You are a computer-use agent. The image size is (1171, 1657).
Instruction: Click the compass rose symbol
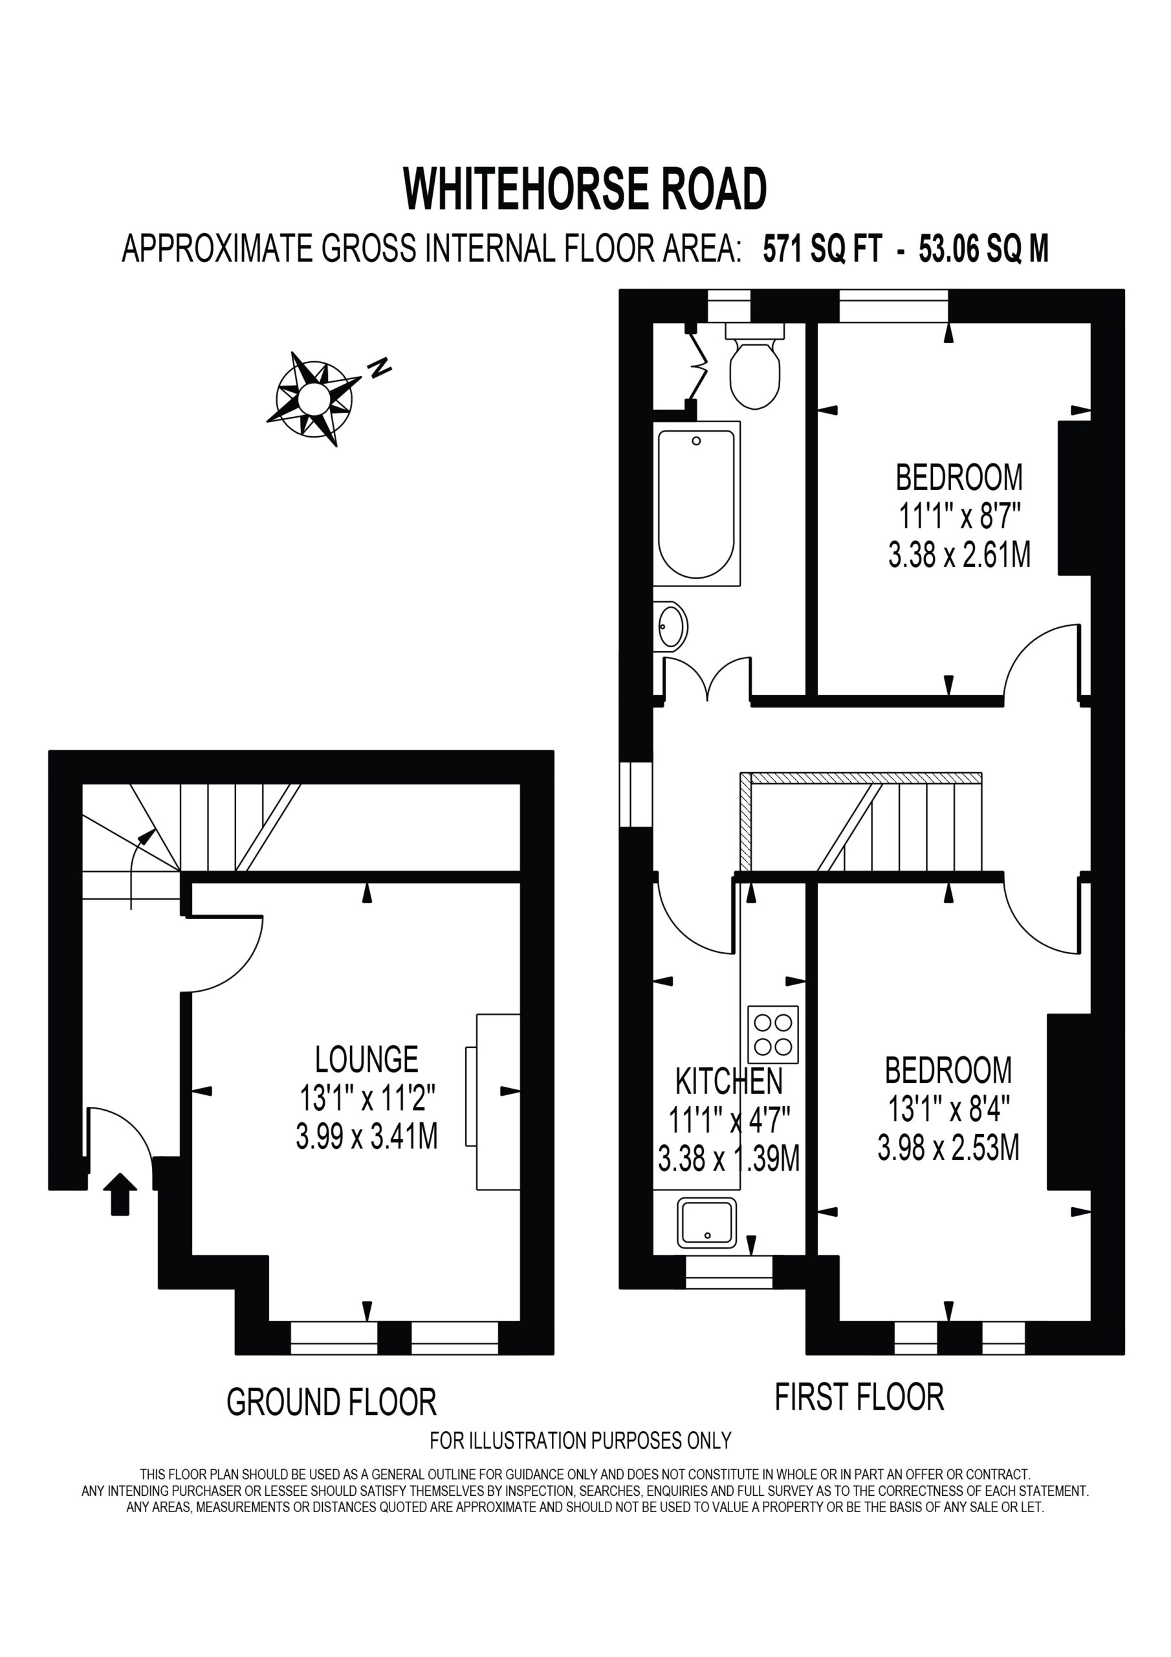point(314,397)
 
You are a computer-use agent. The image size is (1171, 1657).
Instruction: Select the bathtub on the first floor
point(697,503)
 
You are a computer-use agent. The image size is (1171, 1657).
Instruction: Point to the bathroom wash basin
point(670,626)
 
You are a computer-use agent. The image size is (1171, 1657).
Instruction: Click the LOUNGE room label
point(367,1060)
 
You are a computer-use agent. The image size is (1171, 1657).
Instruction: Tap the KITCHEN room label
point(728,1081)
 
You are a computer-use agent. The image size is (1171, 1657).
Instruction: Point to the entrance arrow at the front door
point(120,1194)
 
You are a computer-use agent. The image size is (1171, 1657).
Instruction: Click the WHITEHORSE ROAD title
point(585,189)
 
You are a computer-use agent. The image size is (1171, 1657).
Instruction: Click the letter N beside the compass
point(380,368)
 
